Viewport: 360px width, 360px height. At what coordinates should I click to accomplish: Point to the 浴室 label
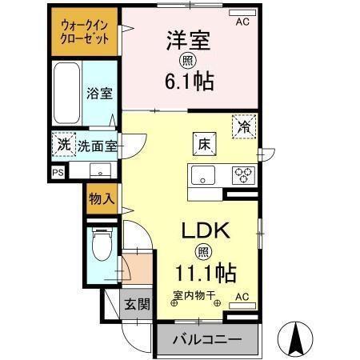[99, 93]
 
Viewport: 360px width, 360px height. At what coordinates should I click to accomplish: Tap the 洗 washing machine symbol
[63, 146]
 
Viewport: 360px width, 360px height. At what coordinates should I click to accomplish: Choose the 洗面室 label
[98, 146]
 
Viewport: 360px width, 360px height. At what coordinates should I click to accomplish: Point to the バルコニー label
[207, 339]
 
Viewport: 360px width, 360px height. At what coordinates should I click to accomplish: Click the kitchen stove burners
[242, 173]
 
